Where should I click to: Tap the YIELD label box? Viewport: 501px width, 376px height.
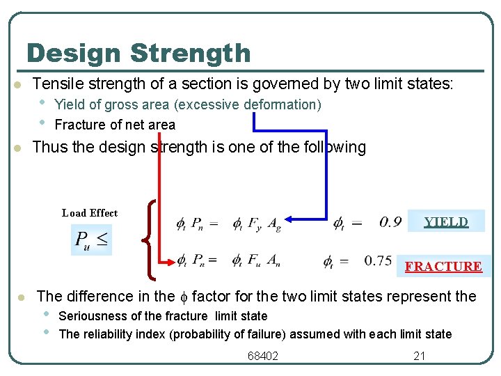[x=446, y=222]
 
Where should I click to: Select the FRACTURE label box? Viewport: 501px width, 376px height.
[x=443, y=266]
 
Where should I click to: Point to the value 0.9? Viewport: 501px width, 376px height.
[x=390, y=223]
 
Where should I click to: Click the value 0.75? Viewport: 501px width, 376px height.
[x=379, y=261]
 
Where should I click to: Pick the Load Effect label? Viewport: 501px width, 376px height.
[x=90, y=213]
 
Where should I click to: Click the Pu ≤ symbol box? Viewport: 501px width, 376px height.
[x=92, y=240]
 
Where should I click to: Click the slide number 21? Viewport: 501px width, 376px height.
[x=420, y=356]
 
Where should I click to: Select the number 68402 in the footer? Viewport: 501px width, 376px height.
[x=263, y=356]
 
